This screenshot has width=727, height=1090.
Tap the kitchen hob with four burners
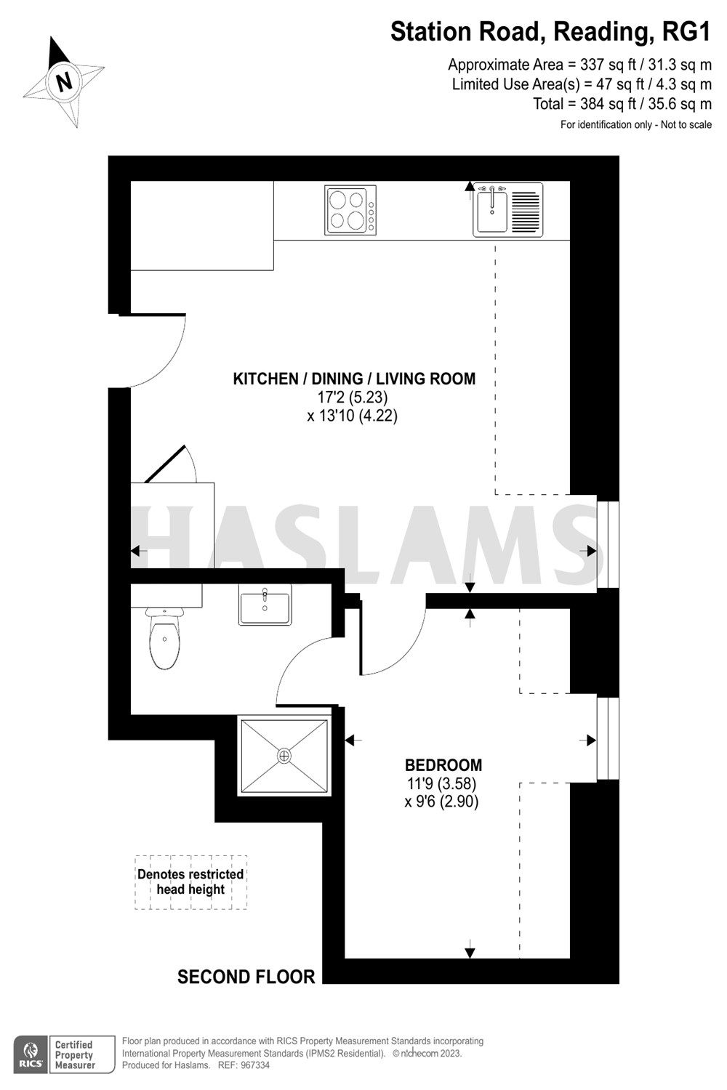350,211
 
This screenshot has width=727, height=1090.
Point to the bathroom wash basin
265,605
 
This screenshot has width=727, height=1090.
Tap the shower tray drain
284,756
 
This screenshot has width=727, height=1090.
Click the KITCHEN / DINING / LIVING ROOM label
354,379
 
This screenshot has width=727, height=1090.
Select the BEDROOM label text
443,764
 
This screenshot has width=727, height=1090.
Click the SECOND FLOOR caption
246,977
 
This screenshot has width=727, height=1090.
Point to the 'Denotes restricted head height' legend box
191,882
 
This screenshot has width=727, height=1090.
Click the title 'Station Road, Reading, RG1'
550,31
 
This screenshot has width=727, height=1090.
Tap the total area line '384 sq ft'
622,104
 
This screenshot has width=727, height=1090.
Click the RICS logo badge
31,1054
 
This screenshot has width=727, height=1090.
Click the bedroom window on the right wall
608,738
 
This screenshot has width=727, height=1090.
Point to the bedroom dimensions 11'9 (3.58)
442,784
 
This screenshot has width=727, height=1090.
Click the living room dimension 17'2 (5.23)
353,397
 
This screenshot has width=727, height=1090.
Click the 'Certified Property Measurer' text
75,1054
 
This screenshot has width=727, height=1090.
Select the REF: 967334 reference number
243,1065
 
